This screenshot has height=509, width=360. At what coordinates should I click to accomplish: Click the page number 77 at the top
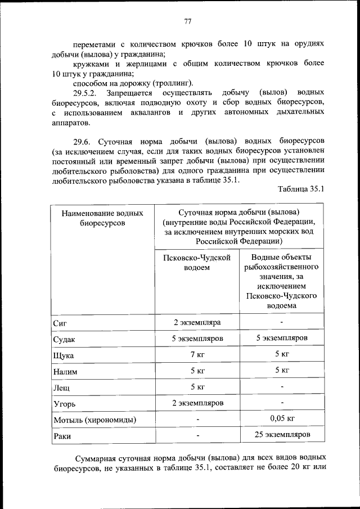[188, 21]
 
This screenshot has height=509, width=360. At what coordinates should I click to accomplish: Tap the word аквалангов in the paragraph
[150, 112]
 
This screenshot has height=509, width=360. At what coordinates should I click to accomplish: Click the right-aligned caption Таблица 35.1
[301, 188]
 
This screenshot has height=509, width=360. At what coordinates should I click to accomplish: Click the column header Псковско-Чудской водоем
[196, 262]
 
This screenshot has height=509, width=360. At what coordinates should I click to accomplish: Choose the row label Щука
[63, 355]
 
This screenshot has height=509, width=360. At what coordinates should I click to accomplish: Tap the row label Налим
[65, 372]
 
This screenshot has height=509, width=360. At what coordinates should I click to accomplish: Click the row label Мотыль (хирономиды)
[94, 420]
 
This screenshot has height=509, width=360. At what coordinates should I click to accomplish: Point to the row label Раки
[61, 436]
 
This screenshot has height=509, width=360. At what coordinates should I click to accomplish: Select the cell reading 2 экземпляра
[196, 322]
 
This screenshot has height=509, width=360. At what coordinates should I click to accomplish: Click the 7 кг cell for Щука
[196, 354]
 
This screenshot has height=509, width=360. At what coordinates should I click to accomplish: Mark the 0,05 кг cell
[282, 419]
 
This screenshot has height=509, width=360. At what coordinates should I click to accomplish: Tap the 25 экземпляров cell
[282, 435]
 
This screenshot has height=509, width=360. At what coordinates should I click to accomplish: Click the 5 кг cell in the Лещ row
[196, 387]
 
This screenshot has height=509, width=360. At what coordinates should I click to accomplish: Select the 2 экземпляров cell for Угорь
[196, 403]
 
